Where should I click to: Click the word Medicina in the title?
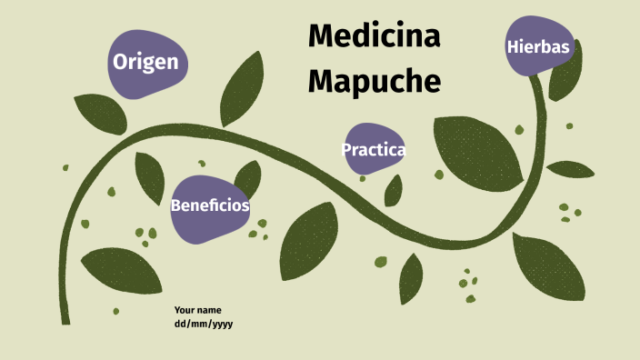point(374,36)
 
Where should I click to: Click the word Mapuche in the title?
point(374,80)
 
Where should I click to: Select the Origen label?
point(145,63)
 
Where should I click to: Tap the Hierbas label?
point(540,46)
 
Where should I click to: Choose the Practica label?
point(373,150)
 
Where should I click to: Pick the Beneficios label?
point(210,205)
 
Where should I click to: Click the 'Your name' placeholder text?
point(197,310)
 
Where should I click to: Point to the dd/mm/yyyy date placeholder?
point(204,324)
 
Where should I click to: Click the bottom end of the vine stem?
point(65,318)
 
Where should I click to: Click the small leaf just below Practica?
point(393,190)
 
